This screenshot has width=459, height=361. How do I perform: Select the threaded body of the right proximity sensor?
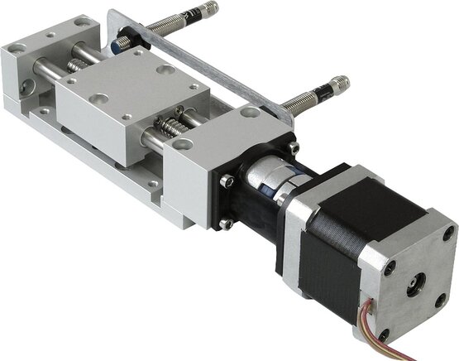[306, 100]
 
